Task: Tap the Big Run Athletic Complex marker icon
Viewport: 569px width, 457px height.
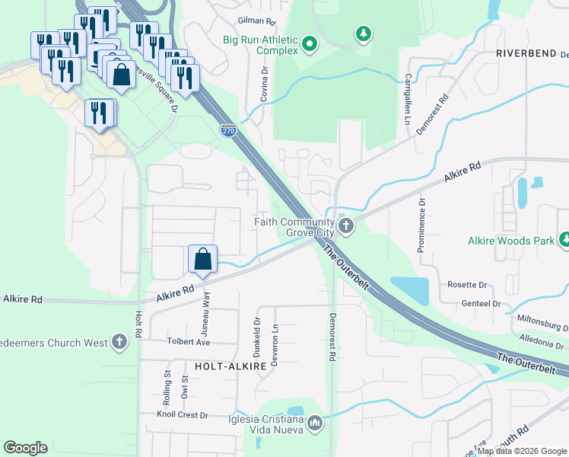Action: point(309,44)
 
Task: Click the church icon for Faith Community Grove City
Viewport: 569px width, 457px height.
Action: point(346,225)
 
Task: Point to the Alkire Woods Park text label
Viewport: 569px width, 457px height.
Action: point(511,241)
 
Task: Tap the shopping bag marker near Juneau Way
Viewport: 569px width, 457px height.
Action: point(203,260)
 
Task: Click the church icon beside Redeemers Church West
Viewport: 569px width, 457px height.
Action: point(119,342)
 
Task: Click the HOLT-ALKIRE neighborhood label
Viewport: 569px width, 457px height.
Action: point(229,366)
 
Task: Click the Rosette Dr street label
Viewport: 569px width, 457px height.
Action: point(467,285)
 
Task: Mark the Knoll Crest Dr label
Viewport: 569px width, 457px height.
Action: point(183,415)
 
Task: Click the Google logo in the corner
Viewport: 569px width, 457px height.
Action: point(25,448)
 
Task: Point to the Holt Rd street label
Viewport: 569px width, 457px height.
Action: point(138,324)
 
